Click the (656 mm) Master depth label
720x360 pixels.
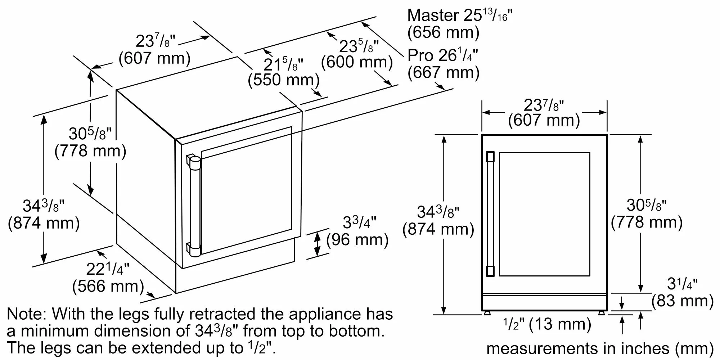(x=443, y=32)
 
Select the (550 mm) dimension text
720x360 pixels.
(x=284, y=80)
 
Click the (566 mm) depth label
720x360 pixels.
(x=108, y=287)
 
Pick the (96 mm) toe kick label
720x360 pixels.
(x=357, y=240)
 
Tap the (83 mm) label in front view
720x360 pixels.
(x=682, y=301)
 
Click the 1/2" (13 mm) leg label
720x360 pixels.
(x=547, y=324)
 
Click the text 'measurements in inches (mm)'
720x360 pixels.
(x=600, y=348)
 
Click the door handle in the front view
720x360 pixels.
(x=490, y=214)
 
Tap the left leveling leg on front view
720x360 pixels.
(x=487, y=312)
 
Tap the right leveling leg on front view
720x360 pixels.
(x=602, y=312)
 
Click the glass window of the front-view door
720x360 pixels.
(x=544, y=214)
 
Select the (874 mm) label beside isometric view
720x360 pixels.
(x=44, y=223)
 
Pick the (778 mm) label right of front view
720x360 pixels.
(x=647, y=222)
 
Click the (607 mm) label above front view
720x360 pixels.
(x=544, y=120)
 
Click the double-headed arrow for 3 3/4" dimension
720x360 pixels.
(x=317, y=244)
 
